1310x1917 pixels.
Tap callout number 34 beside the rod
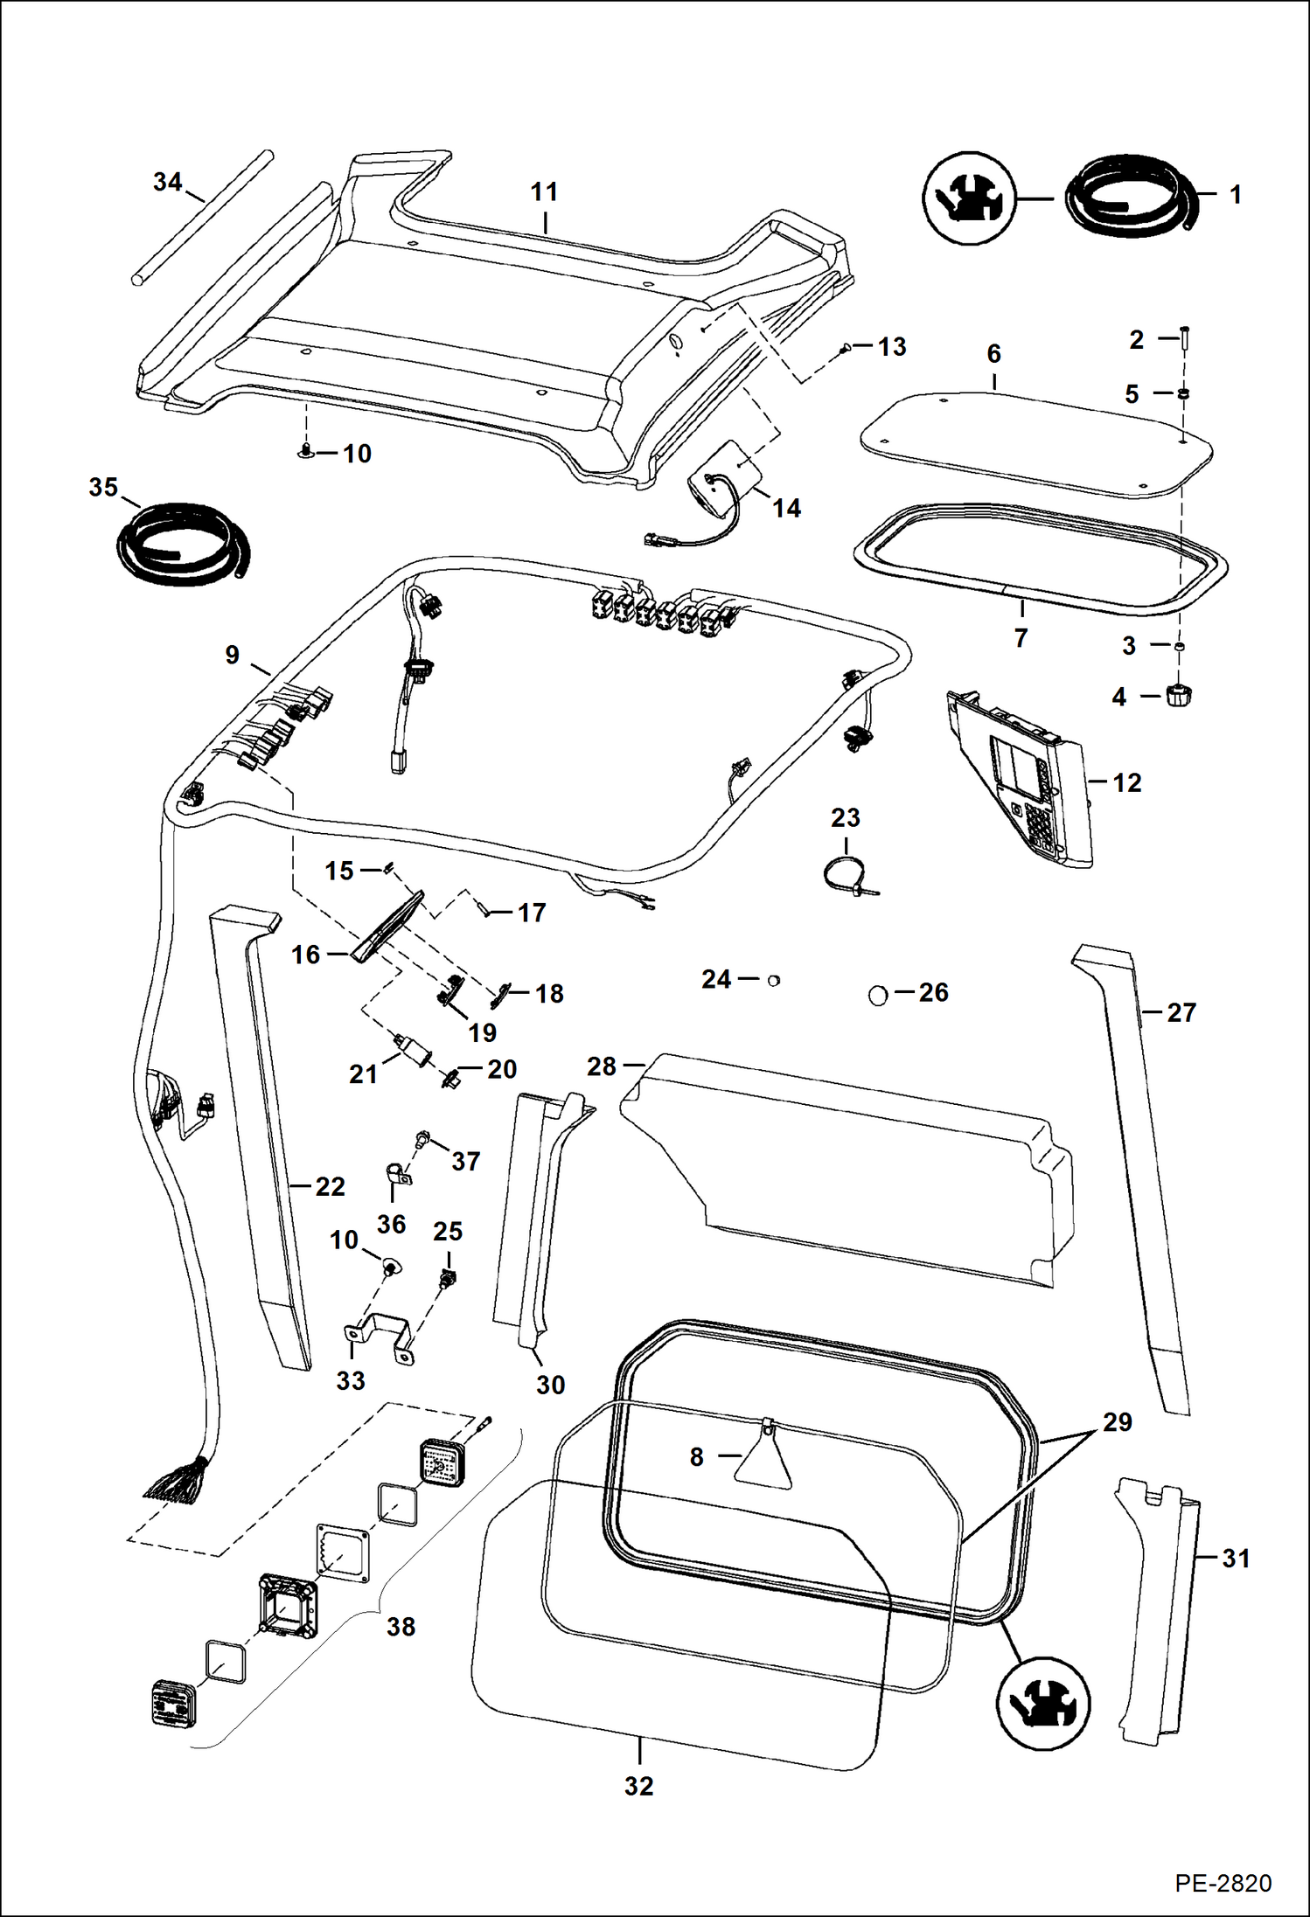[167, 182]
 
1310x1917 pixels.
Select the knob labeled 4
[1179, 696]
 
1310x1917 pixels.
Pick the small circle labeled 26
[878, 995]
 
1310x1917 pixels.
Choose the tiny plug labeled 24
[773, 981]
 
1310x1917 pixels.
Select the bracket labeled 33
[379, 1337]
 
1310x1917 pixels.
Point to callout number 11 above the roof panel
[544, 191]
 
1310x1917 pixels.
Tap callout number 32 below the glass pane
[638, 1786]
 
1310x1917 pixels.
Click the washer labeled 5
[1182, 393]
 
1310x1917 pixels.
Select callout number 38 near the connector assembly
[401, 1627]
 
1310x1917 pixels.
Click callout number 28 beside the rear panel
[602, 1066]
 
